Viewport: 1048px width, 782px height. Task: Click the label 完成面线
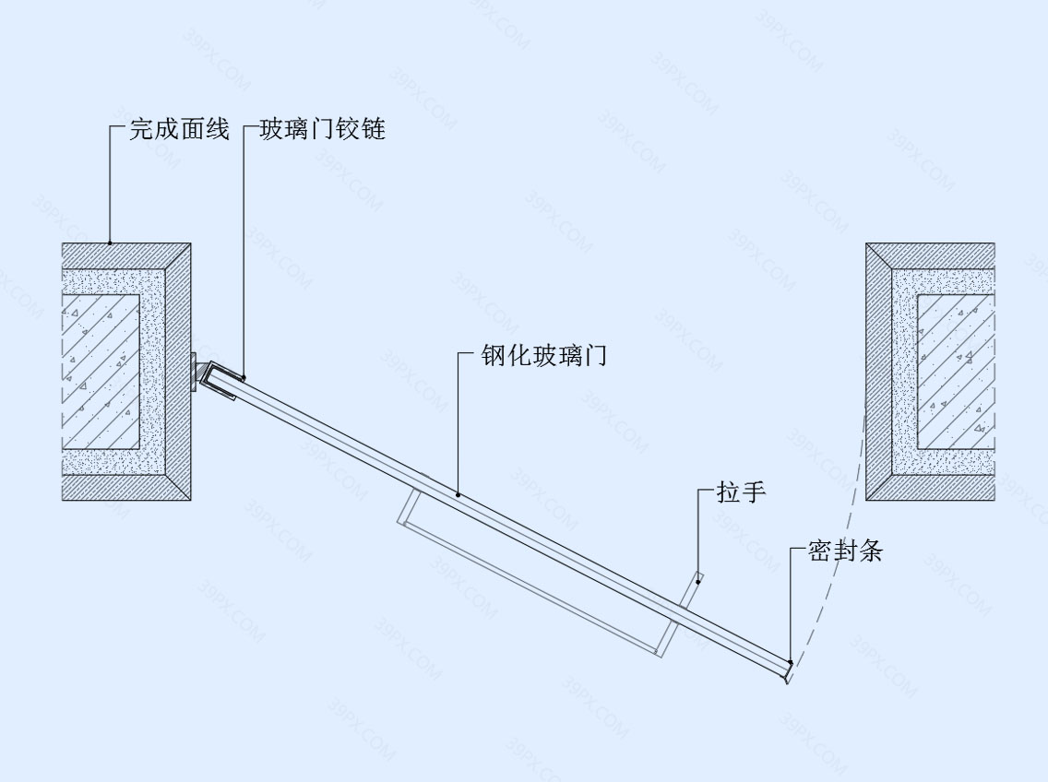click(179, 129)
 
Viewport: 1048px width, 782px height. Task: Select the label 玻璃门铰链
click(323, 129)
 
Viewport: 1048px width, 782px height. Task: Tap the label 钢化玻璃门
click(544, 355)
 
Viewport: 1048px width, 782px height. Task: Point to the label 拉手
click(741, 492)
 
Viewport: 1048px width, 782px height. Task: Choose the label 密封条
click(845, 551)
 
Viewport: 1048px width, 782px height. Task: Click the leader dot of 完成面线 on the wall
click(110, 243)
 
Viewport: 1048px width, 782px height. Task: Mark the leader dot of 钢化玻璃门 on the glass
click(458, 495)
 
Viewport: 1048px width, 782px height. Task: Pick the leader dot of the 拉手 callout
click(698, 582)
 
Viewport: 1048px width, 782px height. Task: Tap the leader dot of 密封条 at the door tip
click(790, 662)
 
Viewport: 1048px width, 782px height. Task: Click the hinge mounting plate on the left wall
click(194, 371)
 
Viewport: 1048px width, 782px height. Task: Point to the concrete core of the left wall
click(101, 372)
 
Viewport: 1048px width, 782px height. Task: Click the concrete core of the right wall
click(956, 372)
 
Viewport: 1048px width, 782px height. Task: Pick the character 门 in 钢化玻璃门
click(596, 355)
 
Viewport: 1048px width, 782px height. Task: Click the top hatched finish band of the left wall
click(126, 256)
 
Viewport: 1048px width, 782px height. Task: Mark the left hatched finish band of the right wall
click(879, 372)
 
